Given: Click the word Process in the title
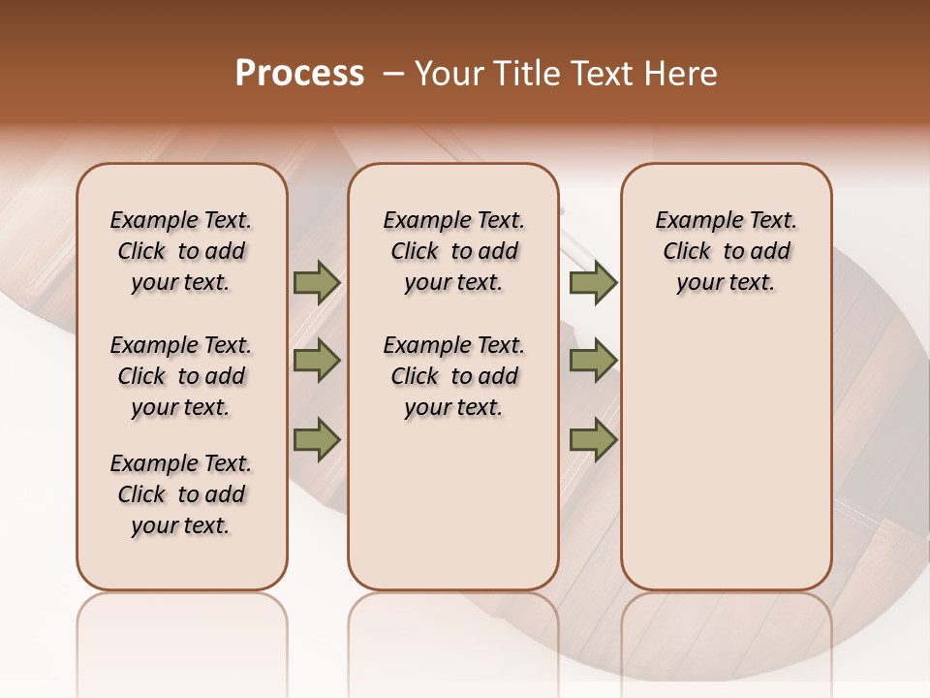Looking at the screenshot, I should point(299,74).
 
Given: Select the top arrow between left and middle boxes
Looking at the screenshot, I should point(317,282).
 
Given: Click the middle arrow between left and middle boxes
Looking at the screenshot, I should point(317,361).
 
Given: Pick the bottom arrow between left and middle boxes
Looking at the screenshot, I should point(317,440).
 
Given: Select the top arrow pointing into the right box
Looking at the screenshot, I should point(593,282).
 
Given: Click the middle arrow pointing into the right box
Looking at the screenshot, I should point(593,361).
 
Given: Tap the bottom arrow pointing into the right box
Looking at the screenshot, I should point(593,440).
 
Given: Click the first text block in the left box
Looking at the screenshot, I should point(181,251).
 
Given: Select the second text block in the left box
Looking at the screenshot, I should point(181,376).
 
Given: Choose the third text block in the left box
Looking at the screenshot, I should point(181,494).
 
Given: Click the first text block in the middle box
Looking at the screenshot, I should point(454,251).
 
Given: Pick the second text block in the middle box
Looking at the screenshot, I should point(454,376).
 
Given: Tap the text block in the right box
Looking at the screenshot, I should point(727,251).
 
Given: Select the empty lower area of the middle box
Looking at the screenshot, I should point(453,504).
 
